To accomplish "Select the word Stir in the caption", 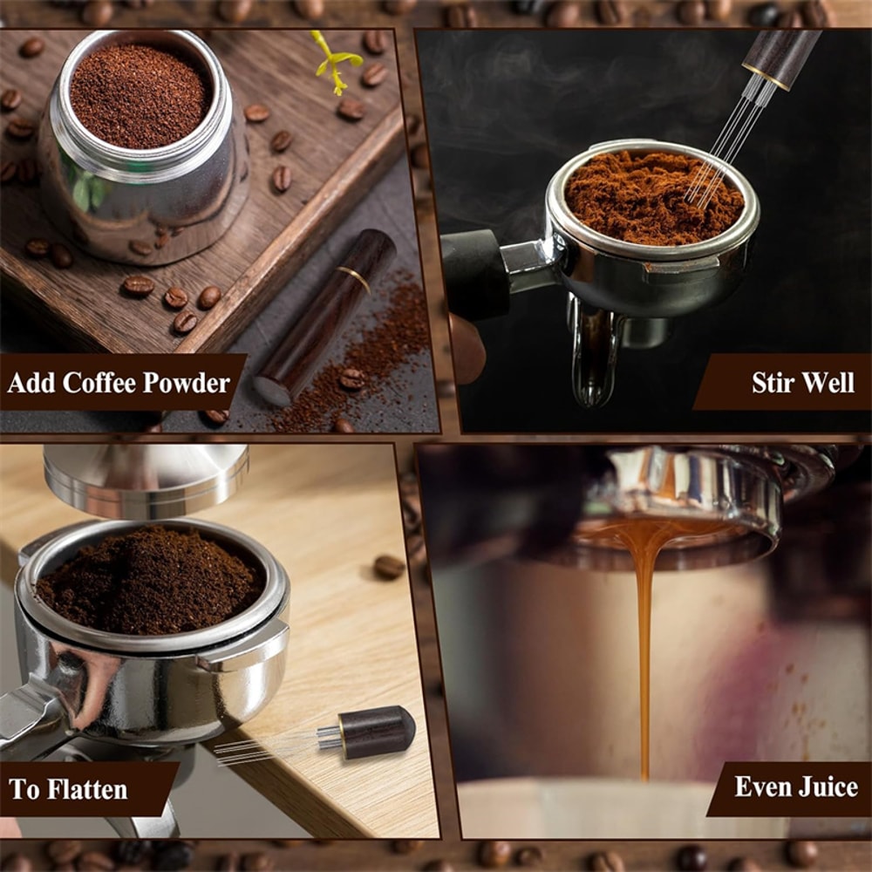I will click(x=773, y=383).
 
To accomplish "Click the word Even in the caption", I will click(x=762, y=787).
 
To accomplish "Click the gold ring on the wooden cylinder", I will click(x=353, y=278).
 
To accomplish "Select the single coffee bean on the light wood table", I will click(x=389, y=567).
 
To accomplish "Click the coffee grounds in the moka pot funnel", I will click(x=140, y=94).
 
